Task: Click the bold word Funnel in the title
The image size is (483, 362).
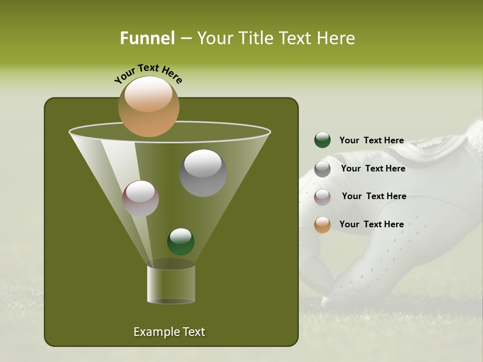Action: [x=147, y=38]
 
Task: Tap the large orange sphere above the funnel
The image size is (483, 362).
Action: [x=149, y=107]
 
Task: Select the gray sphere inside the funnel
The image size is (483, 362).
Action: [x=203, y=173]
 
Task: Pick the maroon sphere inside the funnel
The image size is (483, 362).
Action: [x=140, y=199]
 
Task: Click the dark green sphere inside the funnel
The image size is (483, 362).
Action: [x=181, y=241]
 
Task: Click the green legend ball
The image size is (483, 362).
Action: [x=323, y=140]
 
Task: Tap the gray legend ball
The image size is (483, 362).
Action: [x=323, y=169]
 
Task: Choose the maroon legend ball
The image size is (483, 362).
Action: [x=323, y=197]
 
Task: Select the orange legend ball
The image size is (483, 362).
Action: [x=323, y=225]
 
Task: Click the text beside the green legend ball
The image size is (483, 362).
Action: [x=371, y=141]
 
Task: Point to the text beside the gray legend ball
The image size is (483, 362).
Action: [x=373, y=169]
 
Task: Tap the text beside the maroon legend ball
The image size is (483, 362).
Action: [x=374, y=197]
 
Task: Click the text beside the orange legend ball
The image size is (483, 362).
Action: [x=371, y=224]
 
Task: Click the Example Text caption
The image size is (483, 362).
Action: [x=169, y=332]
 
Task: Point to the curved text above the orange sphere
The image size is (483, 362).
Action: [x=148, y=73]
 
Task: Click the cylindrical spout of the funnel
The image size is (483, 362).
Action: [x=171, y=284]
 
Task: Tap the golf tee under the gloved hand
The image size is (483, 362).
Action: [x=326, y=300]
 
